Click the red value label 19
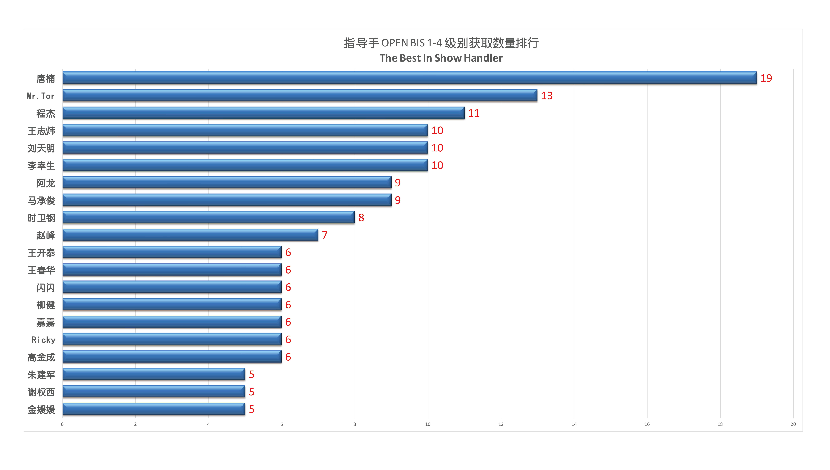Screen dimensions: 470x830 766,78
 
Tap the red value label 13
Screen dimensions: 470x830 547,96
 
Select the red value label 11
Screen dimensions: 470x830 474,113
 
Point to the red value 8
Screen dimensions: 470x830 361,218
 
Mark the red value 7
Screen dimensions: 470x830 325,235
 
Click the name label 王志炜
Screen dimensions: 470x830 41,131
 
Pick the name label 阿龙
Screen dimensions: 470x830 46,183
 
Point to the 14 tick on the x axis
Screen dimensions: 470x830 574,424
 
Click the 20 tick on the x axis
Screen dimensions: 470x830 793,424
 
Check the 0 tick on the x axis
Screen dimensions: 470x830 62,424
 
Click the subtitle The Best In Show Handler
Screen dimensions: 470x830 441,58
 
